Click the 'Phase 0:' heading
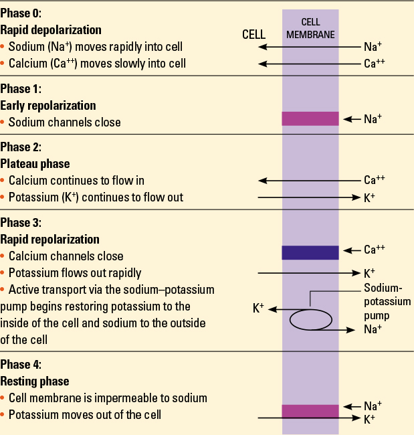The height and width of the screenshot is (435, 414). tap(21, 13)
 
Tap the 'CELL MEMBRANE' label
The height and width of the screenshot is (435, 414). tap(310, 28)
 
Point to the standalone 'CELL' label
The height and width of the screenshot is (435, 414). tap(253, 34)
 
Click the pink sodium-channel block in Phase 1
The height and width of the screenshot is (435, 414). tap(310, 118)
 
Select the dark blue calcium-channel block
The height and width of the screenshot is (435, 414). tap(310, 252)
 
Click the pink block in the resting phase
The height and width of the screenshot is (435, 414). tap(310, 412)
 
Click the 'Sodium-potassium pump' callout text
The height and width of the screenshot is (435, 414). tap(387, 302)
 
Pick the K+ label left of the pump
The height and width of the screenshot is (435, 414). tap(258, 308)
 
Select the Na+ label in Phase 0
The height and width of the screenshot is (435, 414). tap(373, 47)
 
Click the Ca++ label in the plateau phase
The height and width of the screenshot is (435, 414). tap(375, 180)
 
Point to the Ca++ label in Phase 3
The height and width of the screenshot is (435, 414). tap(375, 250)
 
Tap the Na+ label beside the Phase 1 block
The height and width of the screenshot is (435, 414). tap(373, 118)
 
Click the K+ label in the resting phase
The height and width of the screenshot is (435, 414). tap(369, 419)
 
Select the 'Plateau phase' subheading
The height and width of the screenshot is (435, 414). tap(35, 164)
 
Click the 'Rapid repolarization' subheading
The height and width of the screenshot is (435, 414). tap(50, 240)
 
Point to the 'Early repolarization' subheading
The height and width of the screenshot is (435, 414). tap(48, 106)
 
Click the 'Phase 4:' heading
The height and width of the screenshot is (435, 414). tap(21, 365)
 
